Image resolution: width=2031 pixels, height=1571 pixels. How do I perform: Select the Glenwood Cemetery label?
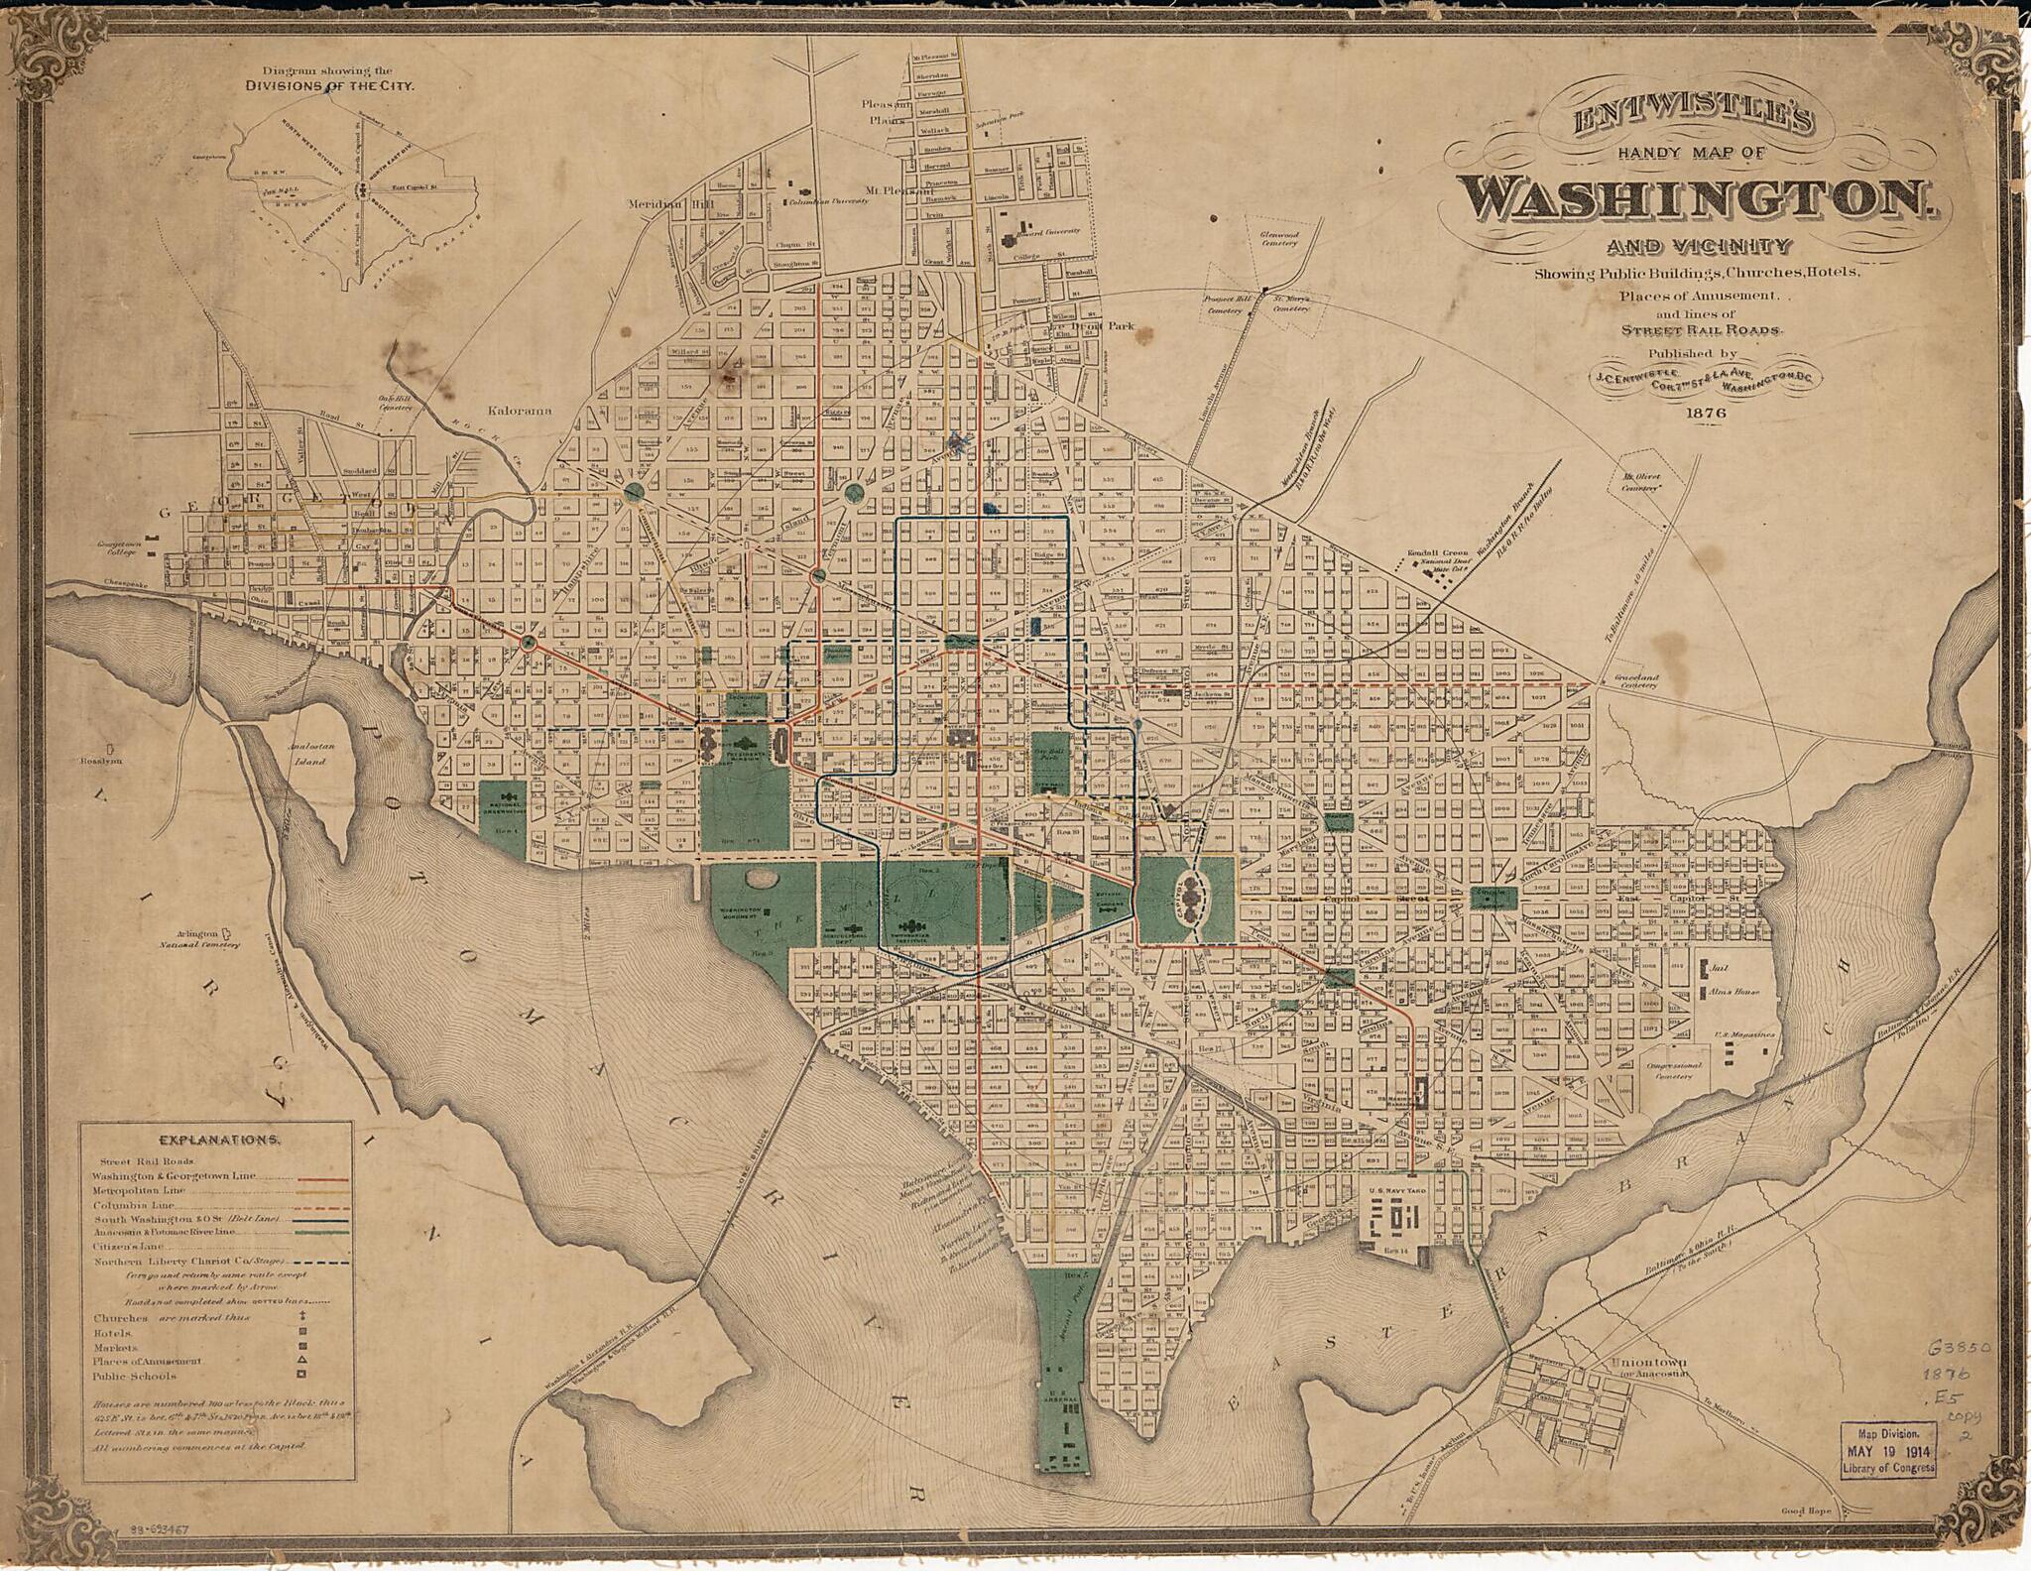coord(1278,236)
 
